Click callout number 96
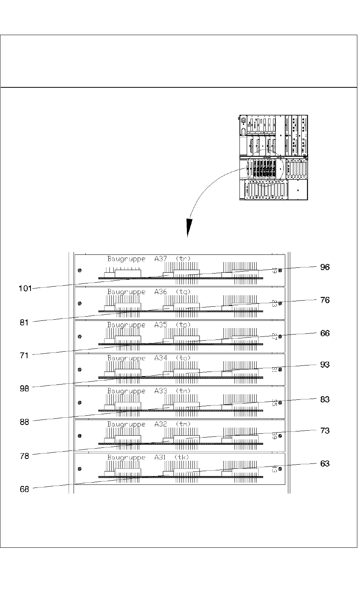[325, 267]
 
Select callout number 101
[25, 288]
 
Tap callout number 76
[325, 300]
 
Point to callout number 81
[24, 323]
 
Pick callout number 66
[325, 333]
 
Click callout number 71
[24, 356]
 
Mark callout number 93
[325, 365]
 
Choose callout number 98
[24, 389]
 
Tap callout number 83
[325, 399]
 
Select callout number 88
[24, 422]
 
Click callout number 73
[325, 431]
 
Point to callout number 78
[24, 456]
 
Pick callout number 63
[325, 464]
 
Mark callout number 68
[24, 489]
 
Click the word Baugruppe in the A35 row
[126, 325]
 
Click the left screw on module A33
[79, 403]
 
